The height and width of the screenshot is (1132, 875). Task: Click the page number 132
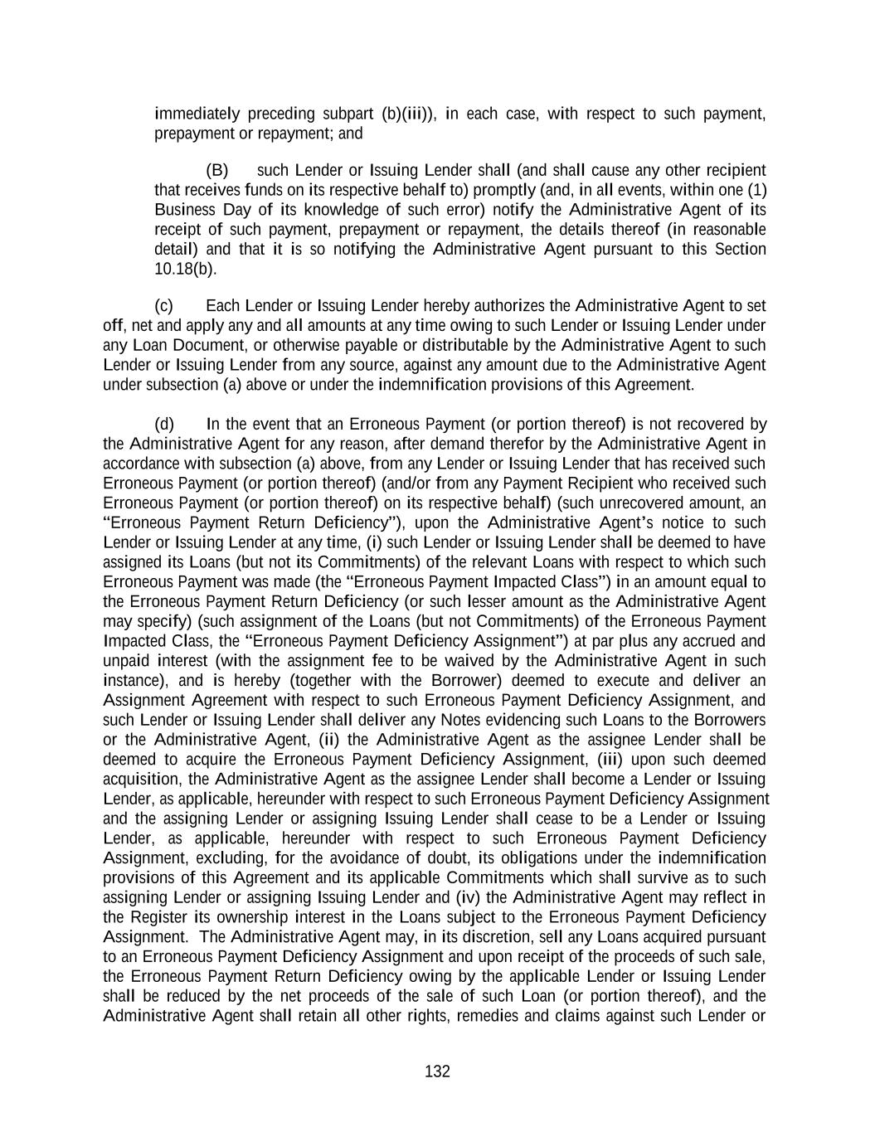(x=437, y=1071)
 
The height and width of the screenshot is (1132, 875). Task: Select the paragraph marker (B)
(x=216, y=170)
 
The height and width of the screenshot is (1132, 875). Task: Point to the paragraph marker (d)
(x=164, y=425)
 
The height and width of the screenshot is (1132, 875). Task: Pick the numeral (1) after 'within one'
(x=751, y=190)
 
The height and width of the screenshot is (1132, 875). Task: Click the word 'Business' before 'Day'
(x=181, y=210)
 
